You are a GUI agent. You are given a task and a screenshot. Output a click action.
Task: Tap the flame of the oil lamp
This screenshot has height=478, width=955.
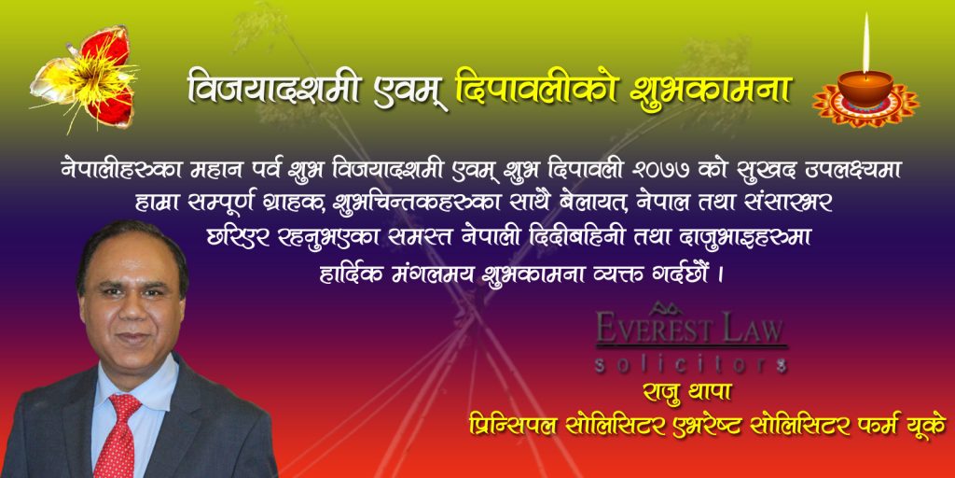[x=865, y=43]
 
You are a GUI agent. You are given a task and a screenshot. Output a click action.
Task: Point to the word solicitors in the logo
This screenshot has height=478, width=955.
[x=690, y=365]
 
